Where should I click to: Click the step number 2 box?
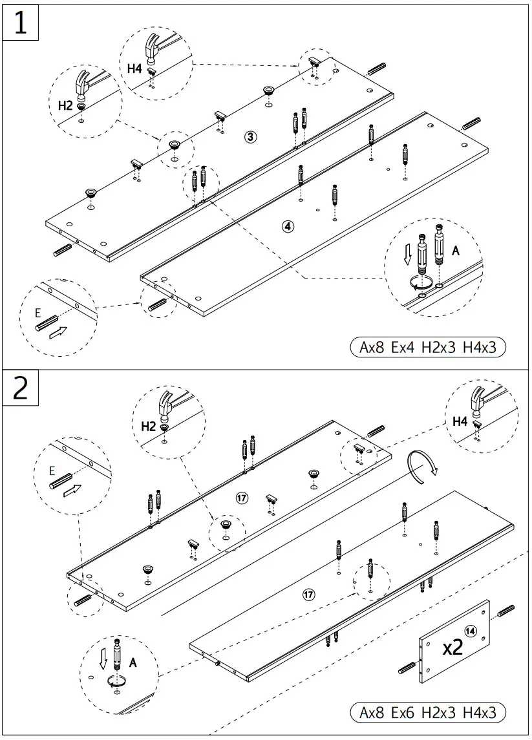coord(21,388)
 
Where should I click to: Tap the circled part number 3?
coord(251,136)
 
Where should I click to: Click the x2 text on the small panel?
coord(452,648)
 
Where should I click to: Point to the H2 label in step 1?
coord(65,105)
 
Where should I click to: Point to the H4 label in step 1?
coord(134,68)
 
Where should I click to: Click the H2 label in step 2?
coord(149,426)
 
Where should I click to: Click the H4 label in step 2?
coord(460,421)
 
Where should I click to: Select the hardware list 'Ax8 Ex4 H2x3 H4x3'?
coord(427,347)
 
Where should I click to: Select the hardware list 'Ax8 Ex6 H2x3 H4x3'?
coord(427,713)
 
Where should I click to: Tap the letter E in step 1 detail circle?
coord(37,313)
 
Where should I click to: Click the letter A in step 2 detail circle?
coord(133,662)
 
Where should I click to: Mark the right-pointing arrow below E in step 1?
coord(58,333)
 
